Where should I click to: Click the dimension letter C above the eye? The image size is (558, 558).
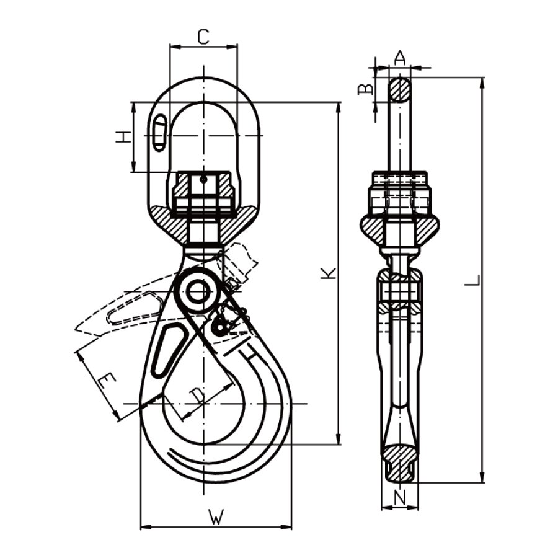(x=203, y=37)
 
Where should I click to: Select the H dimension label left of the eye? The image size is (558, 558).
(x=122, y=137)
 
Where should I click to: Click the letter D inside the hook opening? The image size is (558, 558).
(x=198, y=395)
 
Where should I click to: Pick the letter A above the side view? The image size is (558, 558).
(x=401, y=58)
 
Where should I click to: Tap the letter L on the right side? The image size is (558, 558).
(x=472, y=280)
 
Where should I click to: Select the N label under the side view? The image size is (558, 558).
(x=401, y=498)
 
